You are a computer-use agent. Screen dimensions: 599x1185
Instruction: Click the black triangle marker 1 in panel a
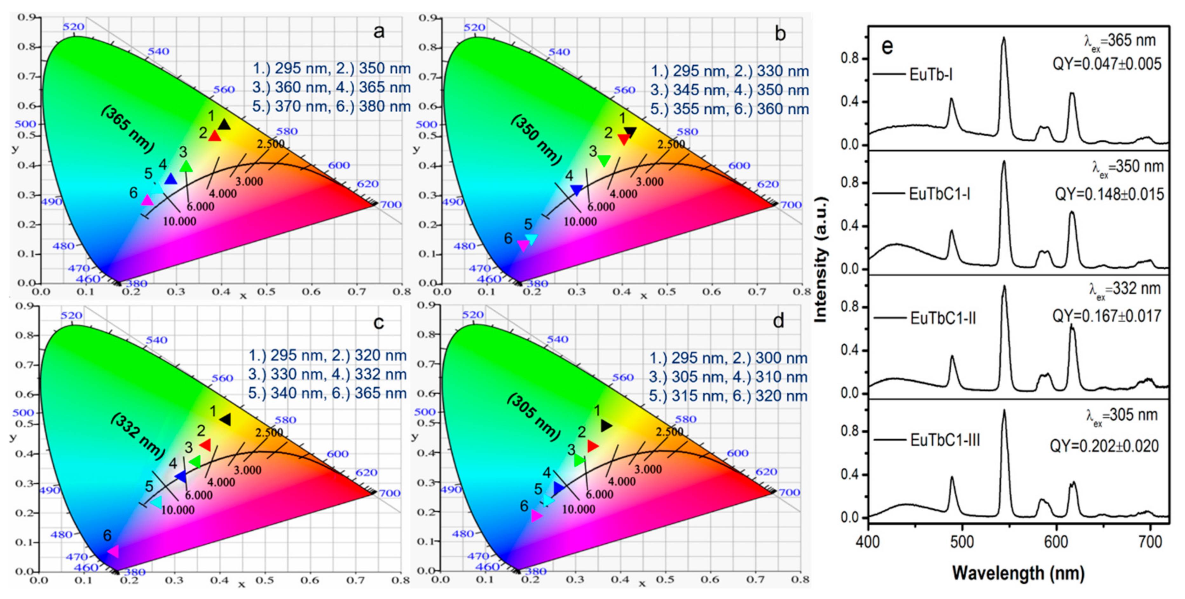tap(224, 125)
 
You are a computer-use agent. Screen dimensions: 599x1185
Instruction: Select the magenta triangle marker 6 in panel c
tap(113, 551)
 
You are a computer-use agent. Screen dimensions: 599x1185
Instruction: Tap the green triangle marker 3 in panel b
tap(604, 161)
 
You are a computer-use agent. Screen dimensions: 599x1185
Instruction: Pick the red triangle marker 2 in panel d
tap(592, 446)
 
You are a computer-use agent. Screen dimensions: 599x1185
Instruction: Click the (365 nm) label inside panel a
tap(127, 129)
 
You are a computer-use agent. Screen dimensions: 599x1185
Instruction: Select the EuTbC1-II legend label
tap(943, 318)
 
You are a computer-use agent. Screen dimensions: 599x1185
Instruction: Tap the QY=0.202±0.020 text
tap(1104, 446)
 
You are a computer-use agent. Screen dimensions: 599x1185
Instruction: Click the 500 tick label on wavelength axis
tap(962, 542)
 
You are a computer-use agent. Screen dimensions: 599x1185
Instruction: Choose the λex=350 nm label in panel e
tap(1128, 167)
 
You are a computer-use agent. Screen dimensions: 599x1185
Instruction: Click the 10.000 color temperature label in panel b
tap(580, 222)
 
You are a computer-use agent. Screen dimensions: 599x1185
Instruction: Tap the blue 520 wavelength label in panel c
tap(72, 316)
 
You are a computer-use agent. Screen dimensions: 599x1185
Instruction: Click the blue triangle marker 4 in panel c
tap(181, 477)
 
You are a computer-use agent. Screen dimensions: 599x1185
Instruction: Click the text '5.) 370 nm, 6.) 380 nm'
tap(331, 106)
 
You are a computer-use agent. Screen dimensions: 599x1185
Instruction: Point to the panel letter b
tap(780, 34)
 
